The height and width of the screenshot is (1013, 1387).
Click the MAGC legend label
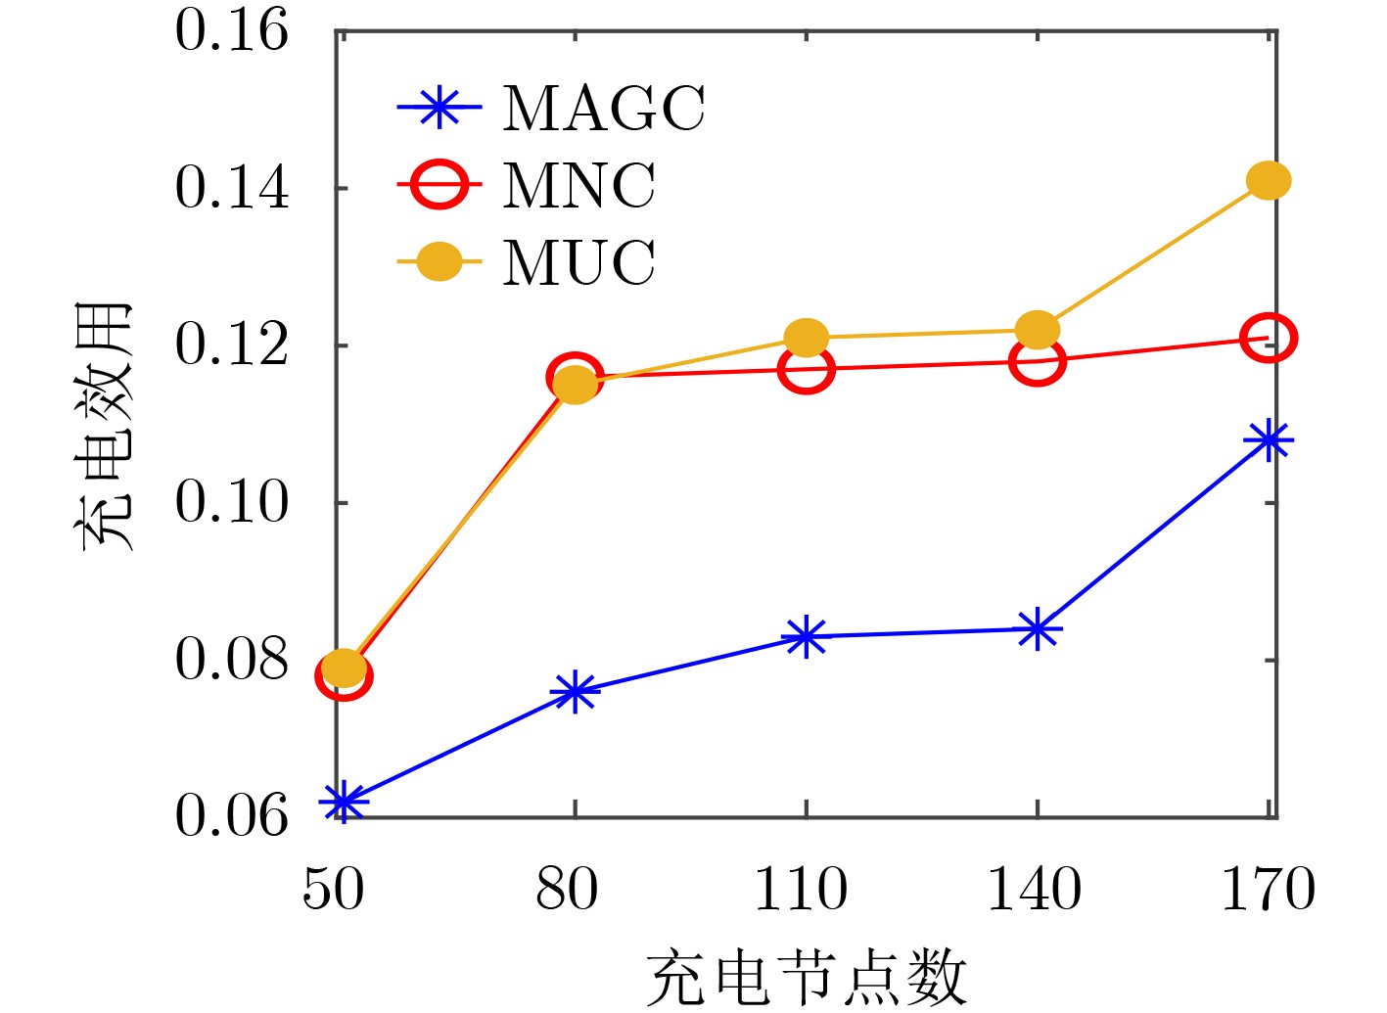coord(603,108)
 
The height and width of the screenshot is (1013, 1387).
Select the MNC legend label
coord(578,185)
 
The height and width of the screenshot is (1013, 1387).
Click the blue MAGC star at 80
coord(575,692)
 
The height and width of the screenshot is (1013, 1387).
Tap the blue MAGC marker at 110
coord(806,637)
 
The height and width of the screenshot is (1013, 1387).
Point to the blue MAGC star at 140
coord(1037,629)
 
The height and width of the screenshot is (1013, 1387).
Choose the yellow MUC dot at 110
coord(806,338)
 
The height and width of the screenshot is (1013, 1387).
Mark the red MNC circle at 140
coord(1037,362)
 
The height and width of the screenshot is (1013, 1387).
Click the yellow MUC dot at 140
coord(1037,330)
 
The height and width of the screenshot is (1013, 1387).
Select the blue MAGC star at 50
coord(343,802)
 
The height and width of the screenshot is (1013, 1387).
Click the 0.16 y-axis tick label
coord(232,31)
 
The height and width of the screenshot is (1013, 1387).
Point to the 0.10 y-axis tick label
coord(232,503)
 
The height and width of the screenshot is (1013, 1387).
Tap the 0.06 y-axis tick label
coord(232,816)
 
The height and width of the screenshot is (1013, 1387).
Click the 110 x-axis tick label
coord(801,890)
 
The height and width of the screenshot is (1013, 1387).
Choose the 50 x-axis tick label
coord(334,890)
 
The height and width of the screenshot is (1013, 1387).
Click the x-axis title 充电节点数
coord(806,978)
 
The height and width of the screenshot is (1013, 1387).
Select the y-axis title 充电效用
coord(104,427)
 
